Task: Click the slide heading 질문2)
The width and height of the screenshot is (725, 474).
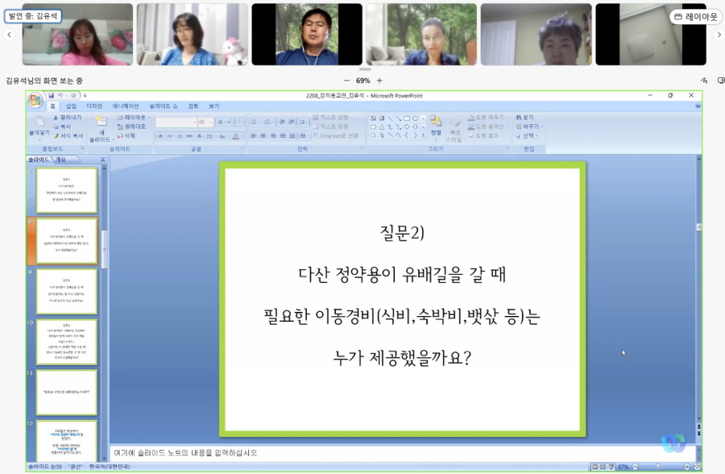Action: tap(401, 233)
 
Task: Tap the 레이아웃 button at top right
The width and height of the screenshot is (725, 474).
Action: tap(695, 16)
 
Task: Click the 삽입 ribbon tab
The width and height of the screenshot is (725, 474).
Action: tap(72, 106)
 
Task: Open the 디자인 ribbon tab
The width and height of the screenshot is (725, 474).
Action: tap(94, 106)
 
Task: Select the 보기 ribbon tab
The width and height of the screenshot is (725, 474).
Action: tap(213, 106)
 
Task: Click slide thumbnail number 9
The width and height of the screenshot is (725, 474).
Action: tap(66, 291)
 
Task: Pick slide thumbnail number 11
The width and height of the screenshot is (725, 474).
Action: tap(66, 392)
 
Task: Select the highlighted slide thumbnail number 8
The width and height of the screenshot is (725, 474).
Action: tap(66, 240)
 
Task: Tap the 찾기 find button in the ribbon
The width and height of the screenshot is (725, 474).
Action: tap(528, 118)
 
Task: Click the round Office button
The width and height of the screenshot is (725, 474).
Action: tap(35, 100)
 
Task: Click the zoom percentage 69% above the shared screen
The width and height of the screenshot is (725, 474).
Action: tap(362, 81)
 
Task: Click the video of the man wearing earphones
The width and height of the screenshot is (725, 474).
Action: tap(307, 34)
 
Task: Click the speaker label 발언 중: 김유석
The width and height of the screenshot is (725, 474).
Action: tap(33, 15)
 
